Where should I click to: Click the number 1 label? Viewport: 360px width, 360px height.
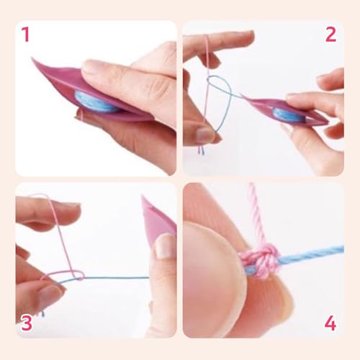click(25, 35)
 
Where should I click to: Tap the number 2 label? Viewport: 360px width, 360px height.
click(330, 35)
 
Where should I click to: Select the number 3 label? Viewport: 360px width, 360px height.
click(26, 322)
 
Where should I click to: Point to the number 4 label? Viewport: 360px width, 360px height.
click(330, 323)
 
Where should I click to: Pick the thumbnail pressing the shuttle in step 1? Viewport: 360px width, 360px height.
click(94, 68)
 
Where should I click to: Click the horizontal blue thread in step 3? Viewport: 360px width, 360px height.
click(115, 278)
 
